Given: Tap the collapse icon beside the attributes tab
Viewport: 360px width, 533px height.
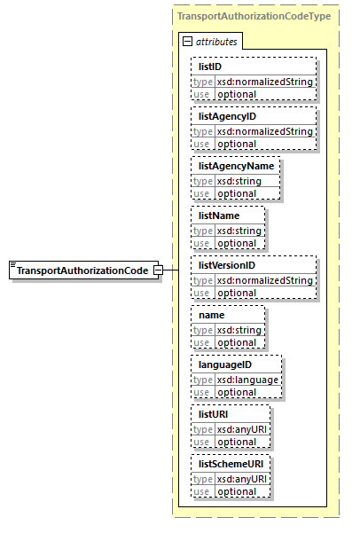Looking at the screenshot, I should coord(187,42).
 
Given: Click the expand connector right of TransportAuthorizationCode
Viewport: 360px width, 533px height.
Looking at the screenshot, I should coord(157,270).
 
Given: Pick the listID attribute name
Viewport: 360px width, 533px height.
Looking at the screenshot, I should coord(209,67).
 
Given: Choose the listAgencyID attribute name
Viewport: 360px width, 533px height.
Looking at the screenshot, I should coord(227,116).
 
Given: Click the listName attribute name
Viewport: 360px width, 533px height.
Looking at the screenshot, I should coord(219,216).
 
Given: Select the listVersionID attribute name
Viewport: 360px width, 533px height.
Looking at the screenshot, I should coord(228,265).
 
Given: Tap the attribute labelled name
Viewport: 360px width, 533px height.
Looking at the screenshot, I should coord(211,315).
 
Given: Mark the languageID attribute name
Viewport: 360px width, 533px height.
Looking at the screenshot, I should coord(225,364).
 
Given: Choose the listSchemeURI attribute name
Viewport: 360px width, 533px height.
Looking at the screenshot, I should coord(230,464).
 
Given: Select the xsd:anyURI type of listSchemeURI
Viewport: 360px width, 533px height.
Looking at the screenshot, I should coord(241,479).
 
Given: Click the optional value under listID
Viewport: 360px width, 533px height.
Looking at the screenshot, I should coord(237,94).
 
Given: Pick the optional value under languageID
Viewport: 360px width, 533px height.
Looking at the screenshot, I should coord(237,392).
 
